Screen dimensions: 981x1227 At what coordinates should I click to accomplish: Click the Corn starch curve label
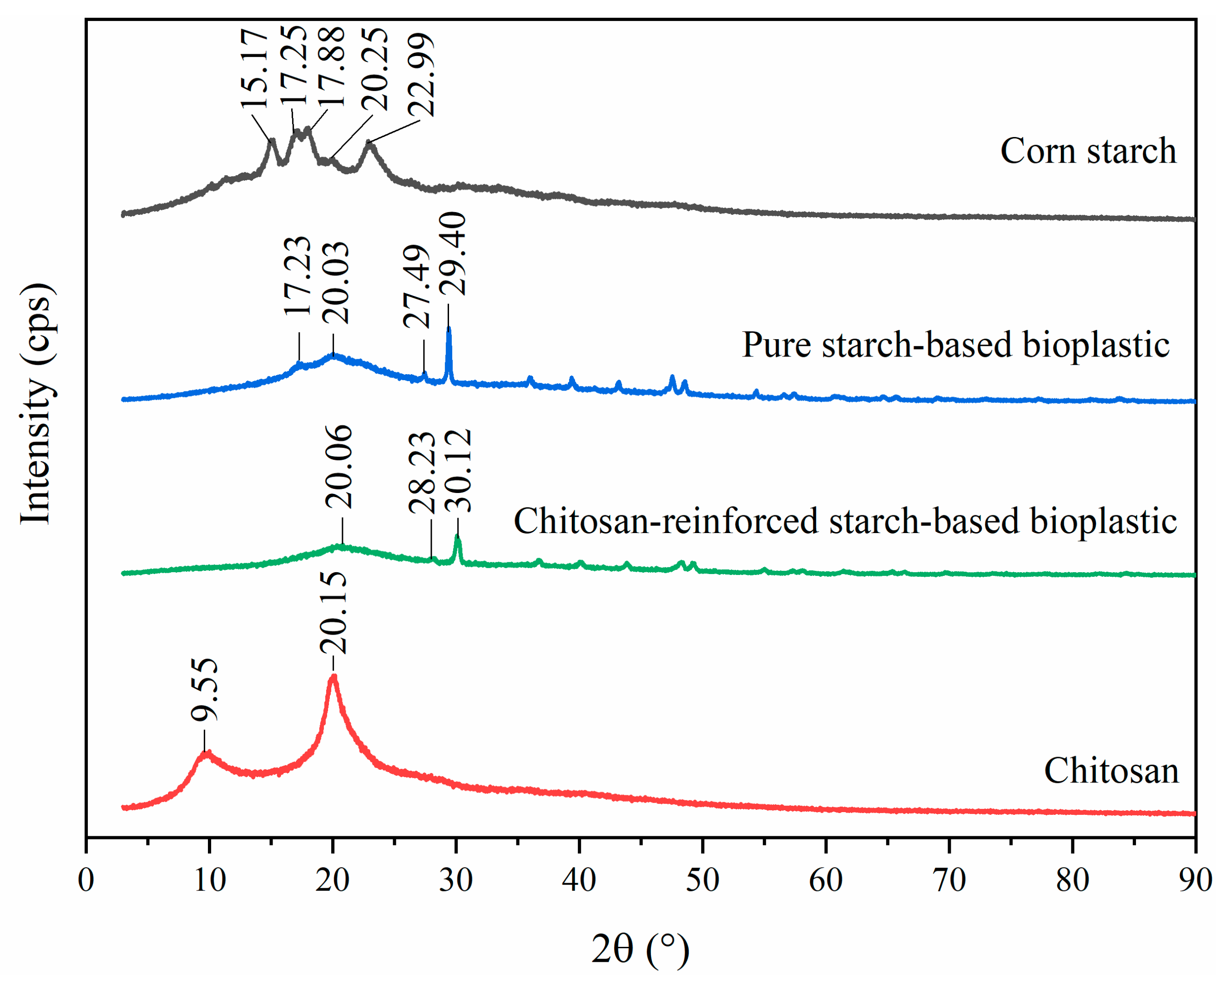coord(1088,152)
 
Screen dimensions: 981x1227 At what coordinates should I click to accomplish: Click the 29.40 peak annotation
coord(454,254)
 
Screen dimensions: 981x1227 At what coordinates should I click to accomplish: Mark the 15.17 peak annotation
coord(254,68)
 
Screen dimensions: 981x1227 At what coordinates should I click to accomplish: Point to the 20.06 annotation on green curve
coord(340,468)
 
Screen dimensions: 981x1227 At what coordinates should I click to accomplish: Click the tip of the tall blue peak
coord(449,329)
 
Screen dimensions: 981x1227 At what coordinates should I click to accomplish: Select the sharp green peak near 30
coord(458,537)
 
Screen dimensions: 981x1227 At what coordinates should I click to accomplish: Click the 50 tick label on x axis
coord(702,881)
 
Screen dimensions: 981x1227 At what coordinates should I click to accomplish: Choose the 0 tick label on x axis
coord(86,881)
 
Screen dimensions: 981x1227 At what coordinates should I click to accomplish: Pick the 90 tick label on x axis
coord(1195,881)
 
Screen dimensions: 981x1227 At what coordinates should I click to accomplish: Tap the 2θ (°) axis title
coord(640,949)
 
